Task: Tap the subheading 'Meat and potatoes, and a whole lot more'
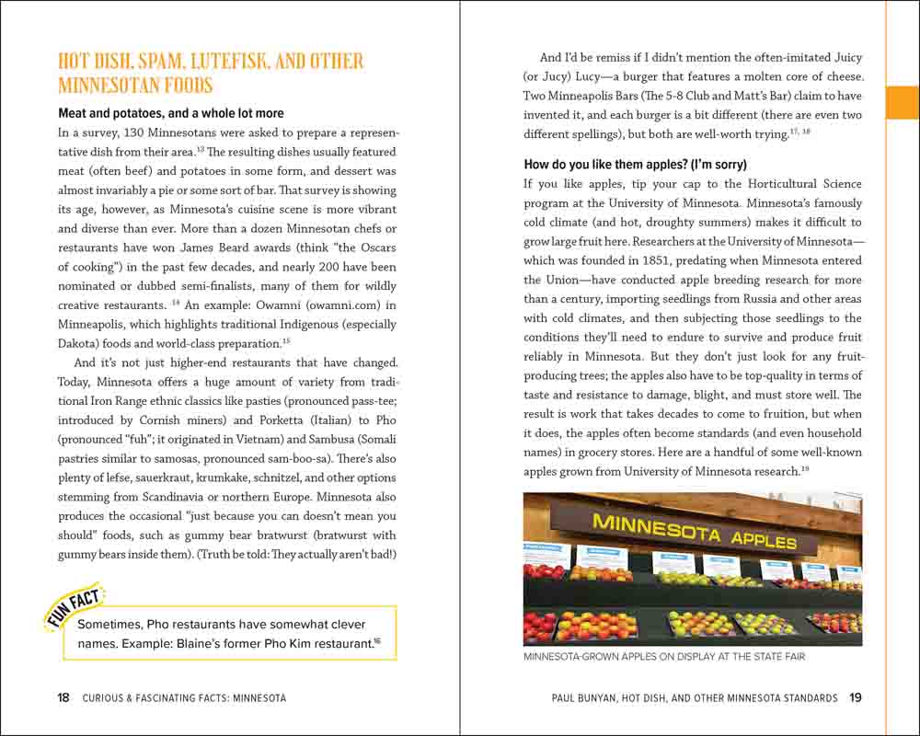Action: (171, 113)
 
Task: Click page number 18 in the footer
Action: (63, 698)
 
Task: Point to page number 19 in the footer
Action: (856, 698)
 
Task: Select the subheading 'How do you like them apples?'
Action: (635, 165)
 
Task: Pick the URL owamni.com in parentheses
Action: (339, 305)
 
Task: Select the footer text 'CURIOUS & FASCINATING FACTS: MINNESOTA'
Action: (184, 698)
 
